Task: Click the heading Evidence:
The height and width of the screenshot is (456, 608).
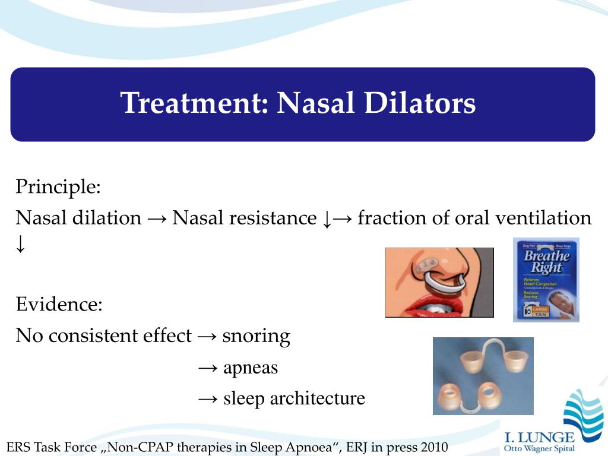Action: pyautogui.click(x=59, y=305)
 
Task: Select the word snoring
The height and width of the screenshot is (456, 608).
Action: pyautogui.click(x=256, y=336)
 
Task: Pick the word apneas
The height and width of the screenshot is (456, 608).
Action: pyautogui.click(x=250, y=368)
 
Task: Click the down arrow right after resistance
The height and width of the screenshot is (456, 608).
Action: pyautogui.click(x=326, y=219)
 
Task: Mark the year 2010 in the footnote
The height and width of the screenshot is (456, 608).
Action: pyautogui.click(x=434, y=447)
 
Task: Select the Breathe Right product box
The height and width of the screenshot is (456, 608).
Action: pyautogui.click(x=546, y=280)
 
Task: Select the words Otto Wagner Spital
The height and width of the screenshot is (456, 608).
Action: pyautogui.click(x=539, y=448)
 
